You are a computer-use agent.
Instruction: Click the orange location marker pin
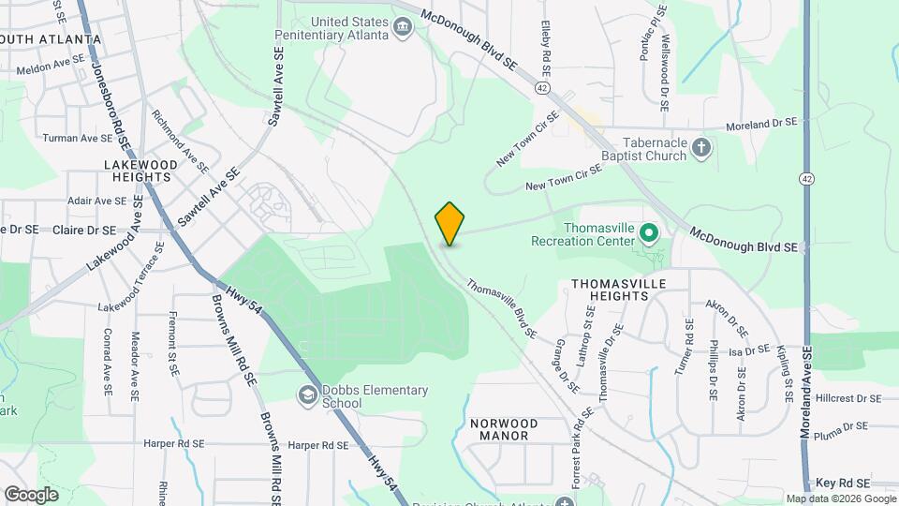(x=449, y=223)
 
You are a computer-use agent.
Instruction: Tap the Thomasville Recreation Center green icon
(x=648, y=231)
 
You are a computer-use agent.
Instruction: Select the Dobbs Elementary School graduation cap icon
(x=308, y=396)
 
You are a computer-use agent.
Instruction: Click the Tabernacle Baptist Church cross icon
(x=701, y=148)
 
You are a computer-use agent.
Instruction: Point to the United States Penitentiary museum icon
(x=403, y=27)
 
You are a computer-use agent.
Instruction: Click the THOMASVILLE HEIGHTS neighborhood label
(x=610, y=289)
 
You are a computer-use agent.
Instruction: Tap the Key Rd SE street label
(x=843, y=482)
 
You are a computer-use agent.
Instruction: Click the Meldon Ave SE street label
(x=51, y=67)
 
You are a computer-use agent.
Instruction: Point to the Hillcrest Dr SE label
(x=848, y=398)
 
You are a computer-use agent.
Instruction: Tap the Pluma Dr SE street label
(x=842, y=426)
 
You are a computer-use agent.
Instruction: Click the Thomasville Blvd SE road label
(x=501, y=308)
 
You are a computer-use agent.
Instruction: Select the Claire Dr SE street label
(x=84, y=230)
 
